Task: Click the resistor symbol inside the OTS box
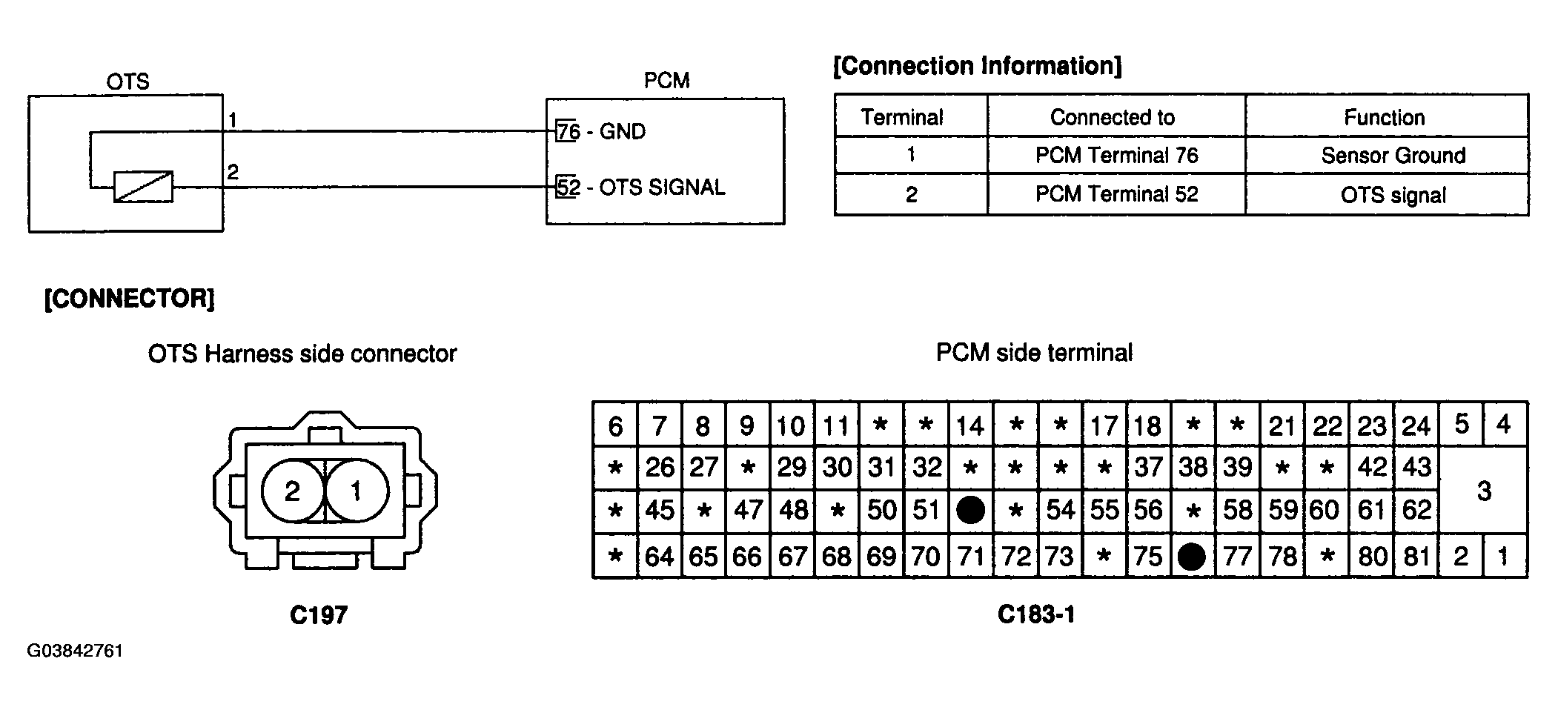pos(143,187)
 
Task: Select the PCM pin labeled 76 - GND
pos(601,132)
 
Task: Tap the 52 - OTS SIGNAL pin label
pos(640,188)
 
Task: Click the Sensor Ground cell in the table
pos(1393,156)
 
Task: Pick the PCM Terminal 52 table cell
pos(1116,194)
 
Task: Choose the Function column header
pos(1385,117)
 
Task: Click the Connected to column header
pos(1112,117)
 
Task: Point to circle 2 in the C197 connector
pos(293,491)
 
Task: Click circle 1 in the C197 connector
pos(357,491)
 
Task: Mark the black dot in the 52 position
pos(970,510)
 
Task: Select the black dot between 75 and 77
pos(1191,556)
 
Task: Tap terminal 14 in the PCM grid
pos(970,425)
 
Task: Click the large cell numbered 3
pos(1483,490)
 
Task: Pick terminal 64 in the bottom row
pos(659,556)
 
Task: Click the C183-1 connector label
pos(1036,614)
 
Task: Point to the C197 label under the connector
pos(319,615)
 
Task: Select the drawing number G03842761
pos(75,651)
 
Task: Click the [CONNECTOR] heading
pos(130,299)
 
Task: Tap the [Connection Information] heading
pos(978,66)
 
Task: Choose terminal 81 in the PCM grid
pos(1416,556)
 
